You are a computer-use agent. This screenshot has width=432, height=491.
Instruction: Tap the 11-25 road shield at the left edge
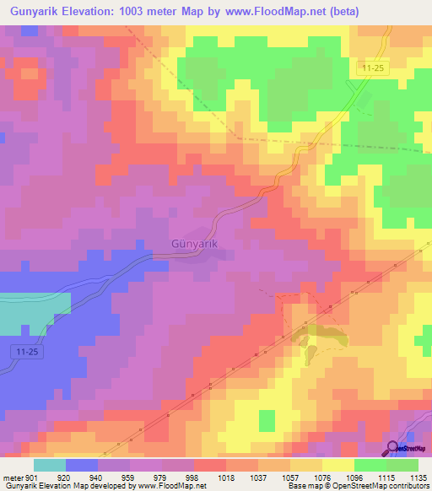coord(25,349)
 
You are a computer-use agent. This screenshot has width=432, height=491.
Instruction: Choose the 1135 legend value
coord(418,478)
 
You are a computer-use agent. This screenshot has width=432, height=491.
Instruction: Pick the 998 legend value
coord(192,478)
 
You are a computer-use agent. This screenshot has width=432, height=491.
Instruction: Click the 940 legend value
coord(96,478)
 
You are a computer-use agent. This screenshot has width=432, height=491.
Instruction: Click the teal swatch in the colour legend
coord(50,465)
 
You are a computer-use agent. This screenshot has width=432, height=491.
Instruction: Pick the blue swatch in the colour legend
coord(82,465)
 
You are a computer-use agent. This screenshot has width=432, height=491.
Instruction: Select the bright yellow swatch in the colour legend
coord(337,465)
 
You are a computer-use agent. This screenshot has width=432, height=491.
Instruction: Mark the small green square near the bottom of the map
coord(267,419)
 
